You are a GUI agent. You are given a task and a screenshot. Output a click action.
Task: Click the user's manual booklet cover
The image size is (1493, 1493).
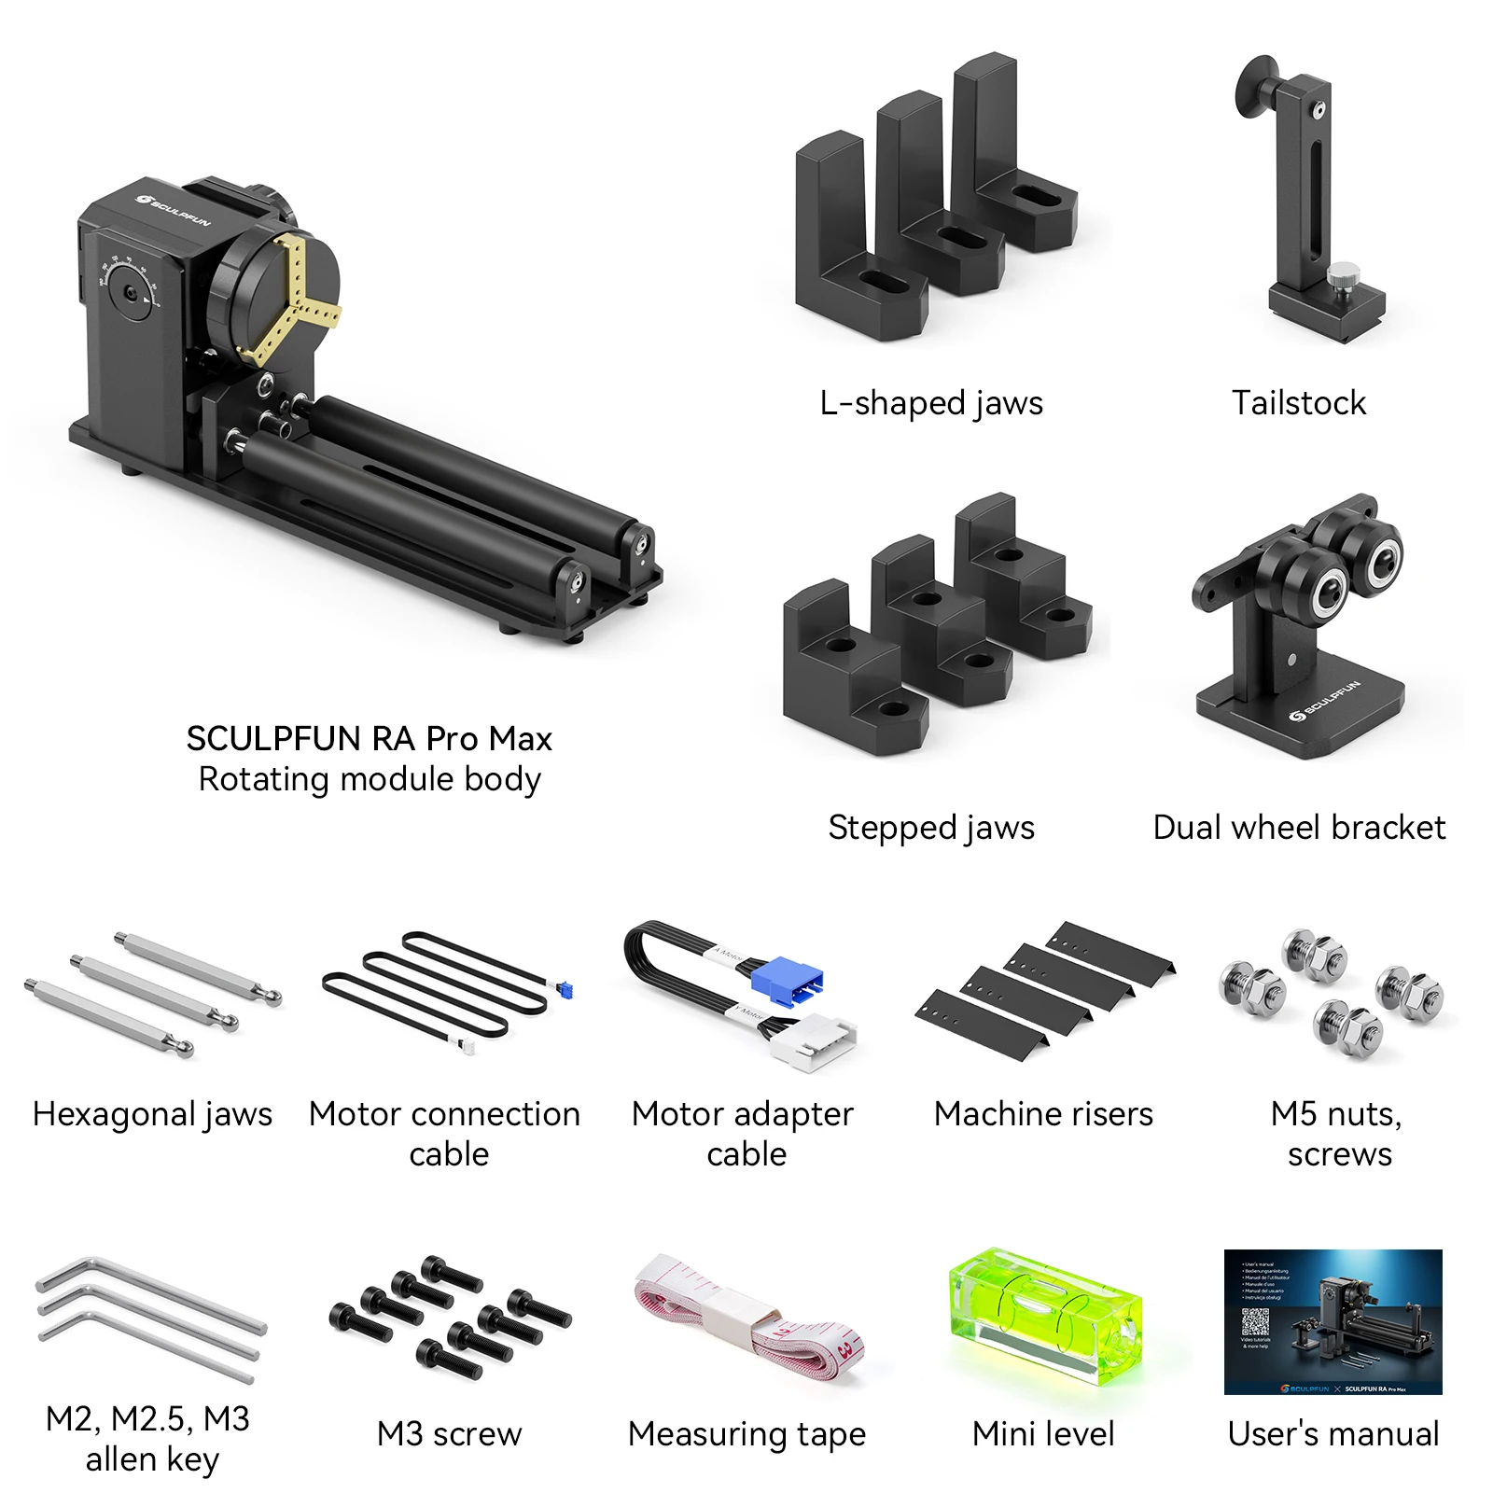coord(1333,1321)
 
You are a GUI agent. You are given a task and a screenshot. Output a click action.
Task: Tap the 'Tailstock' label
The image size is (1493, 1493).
coord(1298,403)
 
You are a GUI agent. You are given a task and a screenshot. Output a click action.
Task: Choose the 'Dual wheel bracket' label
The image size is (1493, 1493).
coord(1299,828)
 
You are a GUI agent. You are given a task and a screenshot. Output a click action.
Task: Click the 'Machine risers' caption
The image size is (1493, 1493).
coord(1043,1114)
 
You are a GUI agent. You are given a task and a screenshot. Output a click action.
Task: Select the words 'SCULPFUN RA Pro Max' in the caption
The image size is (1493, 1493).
coord(369,739)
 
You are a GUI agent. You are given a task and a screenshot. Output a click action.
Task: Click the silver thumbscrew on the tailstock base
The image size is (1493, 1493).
coord(1342,276)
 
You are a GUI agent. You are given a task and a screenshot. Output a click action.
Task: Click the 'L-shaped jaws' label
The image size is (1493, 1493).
coord(931,403)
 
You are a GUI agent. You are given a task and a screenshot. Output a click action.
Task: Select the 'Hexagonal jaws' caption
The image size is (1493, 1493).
coord(152,1114)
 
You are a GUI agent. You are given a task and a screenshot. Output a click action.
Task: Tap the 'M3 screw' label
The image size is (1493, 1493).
coord(449,1434)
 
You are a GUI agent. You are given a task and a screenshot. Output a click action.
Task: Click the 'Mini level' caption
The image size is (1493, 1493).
coord(1043,1434)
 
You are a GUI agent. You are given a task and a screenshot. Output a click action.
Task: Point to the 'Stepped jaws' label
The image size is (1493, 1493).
coord(931,828)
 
